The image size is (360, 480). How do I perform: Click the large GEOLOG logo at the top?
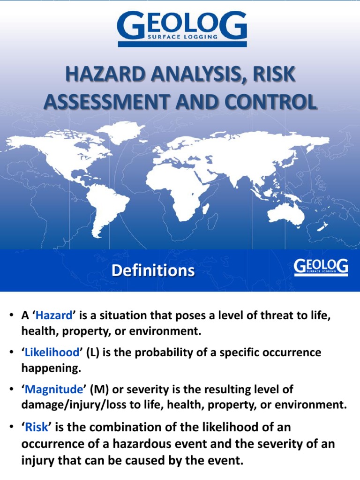[x=182, y=30]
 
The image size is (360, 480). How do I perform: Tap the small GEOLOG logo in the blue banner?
[x=321, y=268]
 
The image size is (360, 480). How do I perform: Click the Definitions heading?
[x=153, y=270]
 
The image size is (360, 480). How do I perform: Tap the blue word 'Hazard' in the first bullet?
[x=54, y=315]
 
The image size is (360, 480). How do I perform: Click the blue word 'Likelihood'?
[x=52, y=352]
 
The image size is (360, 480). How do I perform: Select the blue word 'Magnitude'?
[x=53, y=390]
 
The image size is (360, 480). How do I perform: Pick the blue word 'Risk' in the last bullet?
[x=37, y=427]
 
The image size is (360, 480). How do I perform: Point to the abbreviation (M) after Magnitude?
[x=99, y=390]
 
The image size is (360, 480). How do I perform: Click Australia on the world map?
[x=286, y=213]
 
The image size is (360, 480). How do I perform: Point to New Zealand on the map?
[x=322, y=227]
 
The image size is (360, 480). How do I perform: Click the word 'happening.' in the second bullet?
[x=51, y=368]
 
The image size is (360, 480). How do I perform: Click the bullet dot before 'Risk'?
[x=11, y=427]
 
